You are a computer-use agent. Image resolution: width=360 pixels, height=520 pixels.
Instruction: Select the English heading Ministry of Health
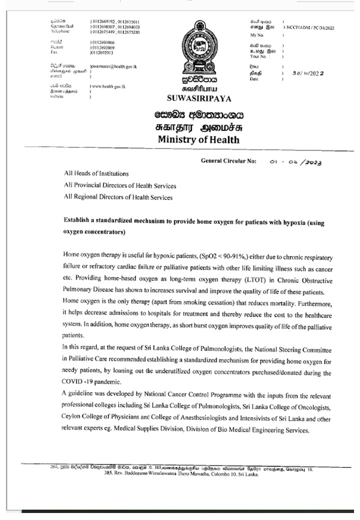coord(198,139)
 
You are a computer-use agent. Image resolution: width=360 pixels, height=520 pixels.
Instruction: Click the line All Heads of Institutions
coord(96,174)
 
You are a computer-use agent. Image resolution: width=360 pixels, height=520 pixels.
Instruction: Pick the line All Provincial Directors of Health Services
coord(120,185)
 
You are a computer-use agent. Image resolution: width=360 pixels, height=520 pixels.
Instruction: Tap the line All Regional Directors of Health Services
coord(118,197)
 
